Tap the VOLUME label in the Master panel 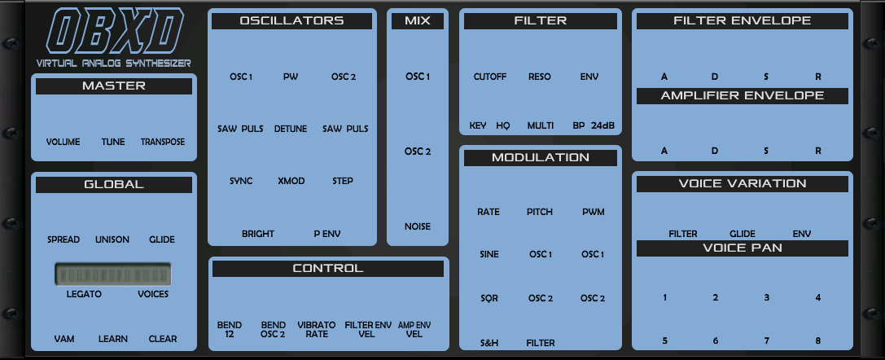pyautogui.click(x=63, y=142)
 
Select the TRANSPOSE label pyautogui.click(x=163, y=142)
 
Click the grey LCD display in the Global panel pyautogui.click(x=113, y=274)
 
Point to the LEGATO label pyautogui.click(x=84, y=294)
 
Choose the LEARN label pyautogui.click(x=113, y=339)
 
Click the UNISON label pyautogui.click(x=112, y=239)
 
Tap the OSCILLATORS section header pyautogui.click(x=291, y=21)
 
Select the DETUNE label pyautogui.click(x=291, y=129)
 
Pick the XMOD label pyautogui.click(x=291, y=181)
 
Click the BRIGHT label pyautogui.click(x=258, y=234)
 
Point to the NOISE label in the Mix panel pyautogui.click(x=418, y=226)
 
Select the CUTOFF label pyautogui.click(x=490, y=77)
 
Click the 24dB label pyautogui.click(x=603, y=125)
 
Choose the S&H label pyautogui.click(x=489, y=344)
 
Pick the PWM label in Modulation pyautogui.click(x=593, y=212)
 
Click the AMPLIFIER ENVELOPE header pyautogui.click(x=743, y=95)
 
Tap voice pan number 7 pyautogui.click(x=766, y=340)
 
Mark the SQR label pyautogui.click(x=489, y=298)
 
